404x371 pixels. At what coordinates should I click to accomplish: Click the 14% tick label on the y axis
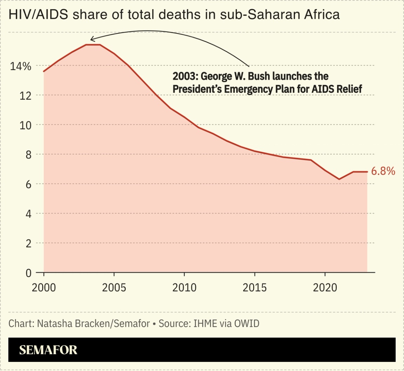click(20, 66)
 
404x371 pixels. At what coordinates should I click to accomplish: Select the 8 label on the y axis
click(27, 155)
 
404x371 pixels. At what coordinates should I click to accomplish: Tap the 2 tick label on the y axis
click(28, 243)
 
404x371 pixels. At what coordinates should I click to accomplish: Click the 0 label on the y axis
click(28, 273)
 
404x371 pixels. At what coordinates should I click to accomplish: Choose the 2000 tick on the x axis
click(44, 288)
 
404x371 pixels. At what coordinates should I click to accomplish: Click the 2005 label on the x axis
click(114, 288)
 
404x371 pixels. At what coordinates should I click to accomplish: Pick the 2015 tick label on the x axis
click(255, 288)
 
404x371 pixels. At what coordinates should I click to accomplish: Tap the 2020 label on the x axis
click(325, 288)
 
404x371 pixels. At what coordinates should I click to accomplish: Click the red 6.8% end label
click(383, 172)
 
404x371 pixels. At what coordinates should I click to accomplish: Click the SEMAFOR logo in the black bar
click(48, 350)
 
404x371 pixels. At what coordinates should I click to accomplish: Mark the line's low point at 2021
click(339, 179)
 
